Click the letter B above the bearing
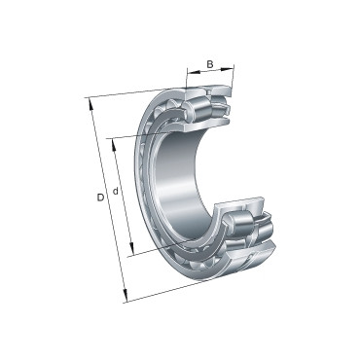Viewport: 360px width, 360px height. point(210,65)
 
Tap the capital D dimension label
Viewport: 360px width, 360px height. point(100,198)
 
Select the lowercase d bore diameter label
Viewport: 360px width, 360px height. point(116,192)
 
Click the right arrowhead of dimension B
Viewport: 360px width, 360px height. point(232,69)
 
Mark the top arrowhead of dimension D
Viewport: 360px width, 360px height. point(90,100)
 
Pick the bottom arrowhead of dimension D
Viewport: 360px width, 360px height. point(124,297)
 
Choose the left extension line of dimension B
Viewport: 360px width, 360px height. point(187,82)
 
